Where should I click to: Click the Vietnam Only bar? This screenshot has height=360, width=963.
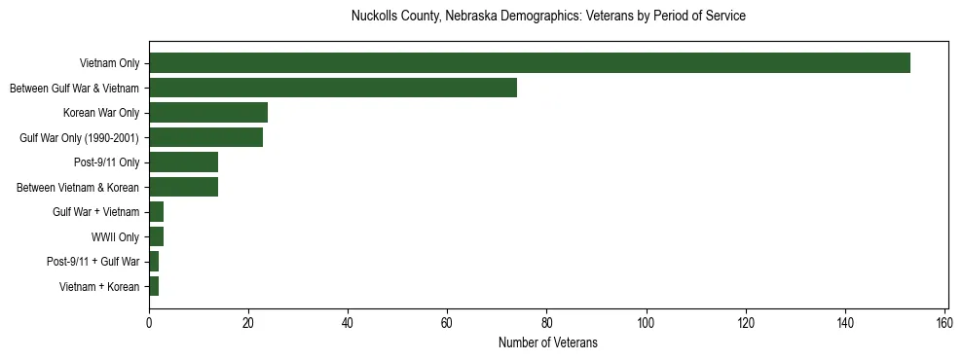point(530,63)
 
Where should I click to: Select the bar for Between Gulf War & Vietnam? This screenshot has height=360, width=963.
point(333,89)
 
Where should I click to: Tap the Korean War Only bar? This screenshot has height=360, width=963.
point(208,113)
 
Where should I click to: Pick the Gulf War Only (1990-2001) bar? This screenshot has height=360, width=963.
point(205,137)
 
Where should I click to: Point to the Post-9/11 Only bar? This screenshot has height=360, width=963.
point(183,162)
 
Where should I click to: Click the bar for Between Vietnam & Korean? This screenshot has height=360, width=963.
point(183,187)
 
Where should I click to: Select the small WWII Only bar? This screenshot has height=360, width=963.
point(156,236)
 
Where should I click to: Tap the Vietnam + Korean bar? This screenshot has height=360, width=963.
point(154,286)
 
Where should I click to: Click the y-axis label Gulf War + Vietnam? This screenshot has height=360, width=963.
point(95,212)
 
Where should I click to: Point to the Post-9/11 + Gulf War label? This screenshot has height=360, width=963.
point(93,262)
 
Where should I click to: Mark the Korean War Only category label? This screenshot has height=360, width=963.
point(101,113)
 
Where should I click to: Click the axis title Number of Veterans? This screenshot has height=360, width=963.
point(547,342)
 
